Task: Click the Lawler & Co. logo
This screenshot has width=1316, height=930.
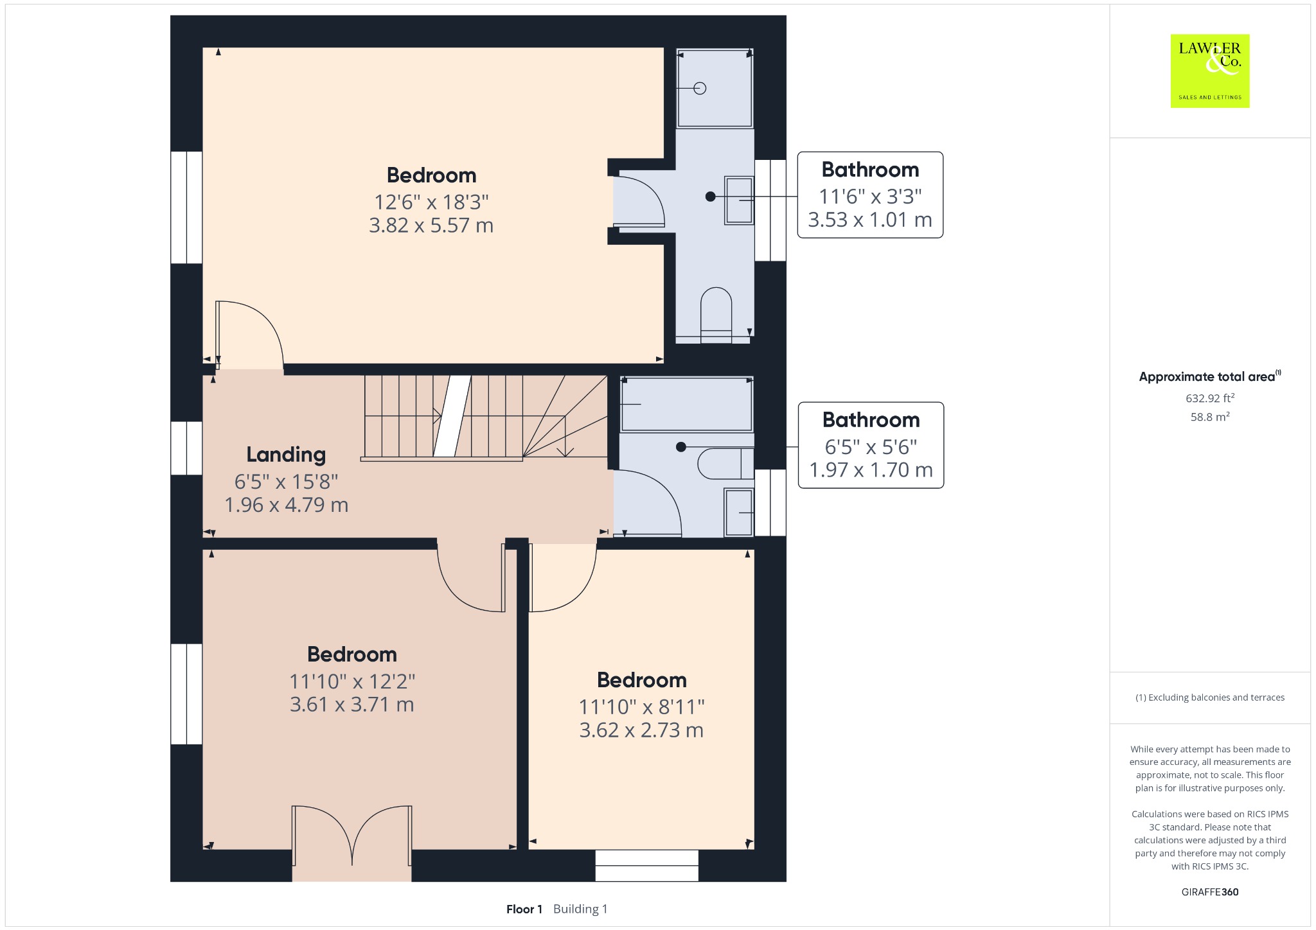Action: [x=1210, y=71]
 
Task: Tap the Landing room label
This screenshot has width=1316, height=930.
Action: [x=286, y=455]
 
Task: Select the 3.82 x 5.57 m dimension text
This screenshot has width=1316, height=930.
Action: [x=431, y=225]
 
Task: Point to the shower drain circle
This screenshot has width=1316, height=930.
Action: [x=700, y=88]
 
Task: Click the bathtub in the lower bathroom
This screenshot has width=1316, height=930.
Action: [x=686, y=404]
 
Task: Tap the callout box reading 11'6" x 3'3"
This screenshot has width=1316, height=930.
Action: [x=870, y=195]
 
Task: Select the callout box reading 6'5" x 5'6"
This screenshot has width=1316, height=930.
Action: [x=871, y=445]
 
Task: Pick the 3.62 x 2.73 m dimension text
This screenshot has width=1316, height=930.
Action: [x=641, y=730]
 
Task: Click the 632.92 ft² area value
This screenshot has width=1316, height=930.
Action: [x=1210, y=398]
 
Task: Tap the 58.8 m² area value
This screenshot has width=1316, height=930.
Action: [x=1210, y=417]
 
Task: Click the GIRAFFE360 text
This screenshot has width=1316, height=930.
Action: [x=1210, y=892]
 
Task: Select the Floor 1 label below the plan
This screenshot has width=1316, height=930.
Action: [x=524, y=909]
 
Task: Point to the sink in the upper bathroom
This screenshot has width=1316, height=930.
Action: [x=739, y=200]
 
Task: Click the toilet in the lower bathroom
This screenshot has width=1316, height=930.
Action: [x=725, y=464]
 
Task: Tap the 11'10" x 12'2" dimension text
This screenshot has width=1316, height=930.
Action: [x=352, y=681]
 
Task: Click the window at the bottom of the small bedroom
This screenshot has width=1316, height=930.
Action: [x=646, y=865]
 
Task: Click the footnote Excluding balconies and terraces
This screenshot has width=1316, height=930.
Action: [x=1210, y=697]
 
